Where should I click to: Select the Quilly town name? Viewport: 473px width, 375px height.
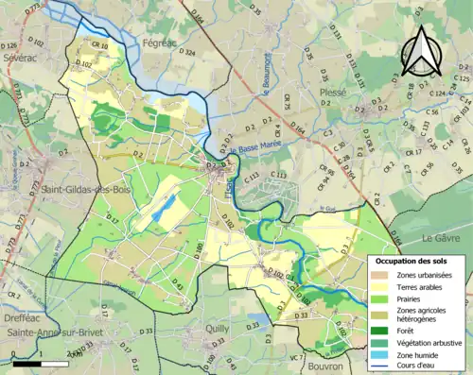219,330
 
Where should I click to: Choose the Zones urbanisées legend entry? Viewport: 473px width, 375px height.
425,275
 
